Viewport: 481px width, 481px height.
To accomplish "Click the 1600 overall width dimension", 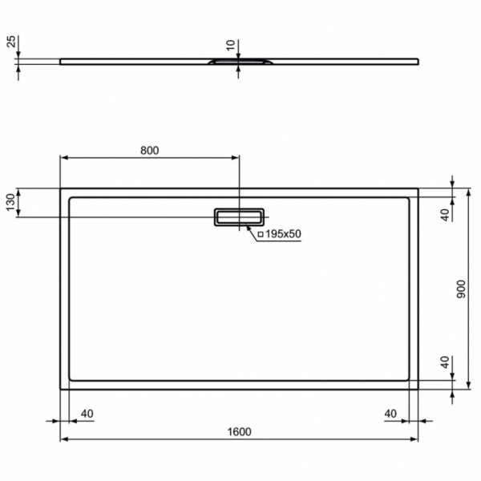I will [240, 432].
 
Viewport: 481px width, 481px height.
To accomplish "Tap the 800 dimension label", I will [150, 150].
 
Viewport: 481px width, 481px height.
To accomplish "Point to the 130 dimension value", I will [10, 204].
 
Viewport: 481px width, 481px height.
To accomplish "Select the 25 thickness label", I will [10, 42].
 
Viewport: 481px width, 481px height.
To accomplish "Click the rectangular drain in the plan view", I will [238, 216].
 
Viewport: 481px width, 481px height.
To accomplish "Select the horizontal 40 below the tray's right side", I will [390, 414].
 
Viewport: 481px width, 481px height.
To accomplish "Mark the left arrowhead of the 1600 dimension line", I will [65, 440].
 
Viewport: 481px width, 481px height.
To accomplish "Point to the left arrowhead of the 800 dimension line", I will [65, 158].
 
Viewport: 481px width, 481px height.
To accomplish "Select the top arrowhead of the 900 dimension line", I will [468, 192].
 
